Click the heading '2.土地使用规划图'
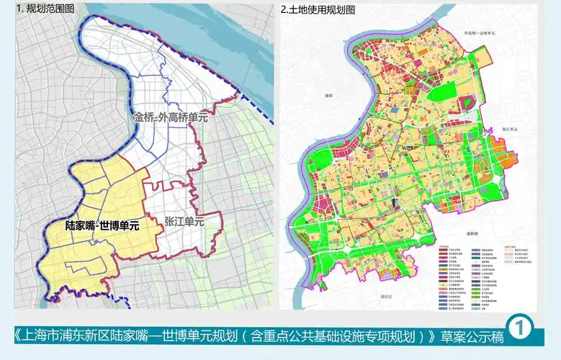pyautogui.click(x=318, y=9)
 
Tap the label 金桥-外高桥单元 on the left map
pyautogui.click(x=170, y=117)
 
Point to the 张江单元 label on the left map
pyautogui.click(x=184, y=222)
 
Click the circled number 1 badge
pyautogui.click(x=519, y=328)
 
